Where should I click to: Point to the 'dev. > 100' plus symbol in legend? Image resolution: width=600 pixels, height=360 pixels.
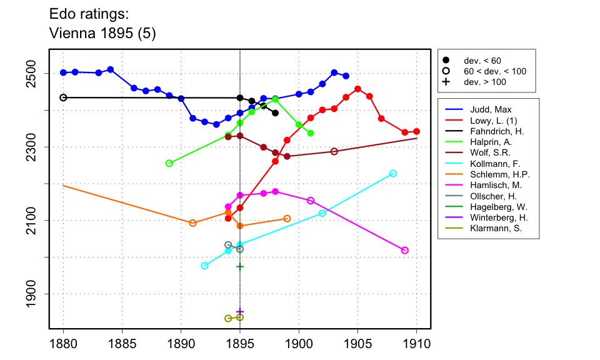tap(446, 82)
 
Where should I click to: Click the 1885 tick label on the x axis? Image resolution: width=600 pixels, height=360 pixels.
tap(122, 344)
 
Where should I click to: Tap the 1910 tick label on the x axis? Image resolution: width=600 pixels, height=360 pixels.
tap(417, 344)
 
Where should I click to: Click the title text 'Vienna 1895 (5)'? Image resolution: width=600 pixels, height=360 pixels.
tap(102, 34)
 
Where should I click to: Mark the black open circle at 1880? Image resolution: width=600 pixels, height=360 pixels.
tap(63, 97)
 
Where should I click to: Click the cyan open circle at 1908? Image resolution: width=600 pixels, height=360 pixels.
tap(393, 173)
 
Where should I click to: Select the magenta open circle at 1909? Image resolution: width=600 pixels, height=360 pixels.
tap(405, 251)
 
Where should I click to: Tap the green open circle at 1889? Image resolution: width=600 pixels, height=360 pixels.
tap(169, 163)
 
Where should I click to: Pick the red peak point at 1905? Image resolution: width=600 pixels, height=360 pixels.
tap(357, 89)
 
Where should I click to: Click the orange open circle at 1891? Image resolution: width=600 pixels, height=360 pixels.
tap(192, 223)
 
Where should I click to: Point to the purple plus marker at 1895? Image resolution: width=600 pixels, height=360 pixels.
tap(240, 311)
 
